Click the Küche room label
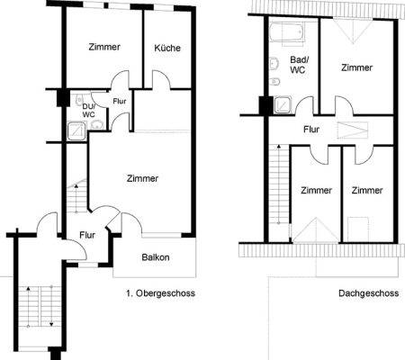(x=167, y=48)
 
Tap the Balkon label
(x=156, y=257)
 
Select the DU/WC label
(x=89, y=110)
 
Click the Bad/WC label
(x=298, y=65)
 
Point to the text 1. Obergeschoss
(x=160, y=293)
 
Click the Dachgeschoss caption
(x=369, y=293)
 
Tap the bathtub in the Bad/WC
(x=287, y=33)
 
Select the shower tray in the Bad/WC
(x=283, y=104)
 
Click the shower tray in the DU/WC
(x=76, y=130)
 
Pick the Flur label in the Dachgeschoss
(x=311, y=130)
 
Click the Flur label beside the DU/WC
(x=120, y=102)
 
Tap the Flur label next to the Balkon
(x=87, y=235)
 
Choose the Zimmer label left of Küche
(x=104, y=47)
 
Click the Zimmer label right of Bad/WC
(x=356, y=67)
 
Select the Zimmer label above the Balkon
(x=142, y=178)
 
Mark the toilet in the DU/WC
(x=79, y=100)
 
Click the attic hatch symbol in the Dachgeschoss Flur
(x=352, y=130)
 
